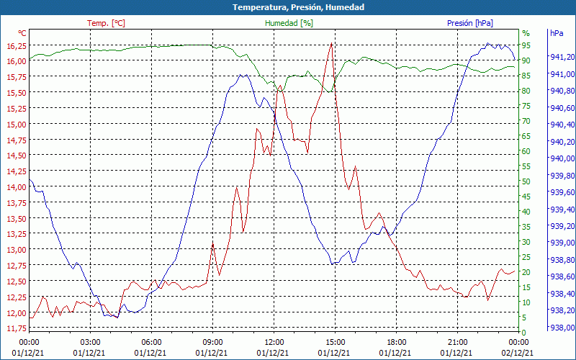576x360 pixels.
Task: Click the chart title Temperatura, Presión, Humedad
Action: pyautogui.click(x=288, y=7)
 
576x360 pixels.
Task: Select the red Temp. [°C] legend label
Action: pyautogui.click(x=106, y=23)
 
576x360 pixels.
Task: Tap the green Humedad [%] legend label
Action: pyautogui.click(x=289, y=23)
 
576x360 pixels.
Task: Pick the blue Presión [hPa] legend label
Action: pyautogui.click(x=470, y=23)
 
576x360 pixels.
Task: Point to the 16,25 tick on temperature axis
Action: pyautogui.click(x=14, y=45)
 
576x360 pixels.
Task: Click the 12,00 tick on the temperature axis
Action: pyautogui.click(x=14, y=312)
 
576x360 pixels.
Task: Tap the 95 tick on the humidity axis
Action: pyautogui.click(x=526, y=45)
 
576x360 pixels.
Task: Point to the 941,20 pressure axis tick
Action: pyautogui.click(x=562, y=57)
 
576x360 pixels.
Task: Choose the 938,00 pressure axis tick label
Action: pyautogui.click(x=562, y=328)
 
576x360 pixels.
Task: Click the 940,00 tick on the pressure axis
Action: pyautogui.click(x=562, y=158)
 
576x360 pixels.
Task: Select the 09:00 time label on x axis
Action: pyautogui.click(x=212, y=342)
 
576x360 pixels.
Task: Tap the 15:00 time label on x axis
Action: pyautogui.click(x=335, y=342)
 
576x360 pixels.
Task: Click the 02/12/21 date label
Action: pyautogui.click(x=518, y=353)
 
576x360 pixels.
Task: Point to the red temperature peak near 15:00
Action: pyautogui.click(x=331, y=43)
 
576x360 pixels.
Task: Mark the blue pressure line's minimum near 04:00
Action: pyautogui.click(x=117, y=318)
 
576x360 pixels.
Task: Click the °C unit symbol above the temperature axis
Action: pyautogui.click(x=22, y=33)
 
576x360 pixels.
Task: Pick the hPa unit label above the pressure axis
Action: pyautogui.click(x=557, y=33)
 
